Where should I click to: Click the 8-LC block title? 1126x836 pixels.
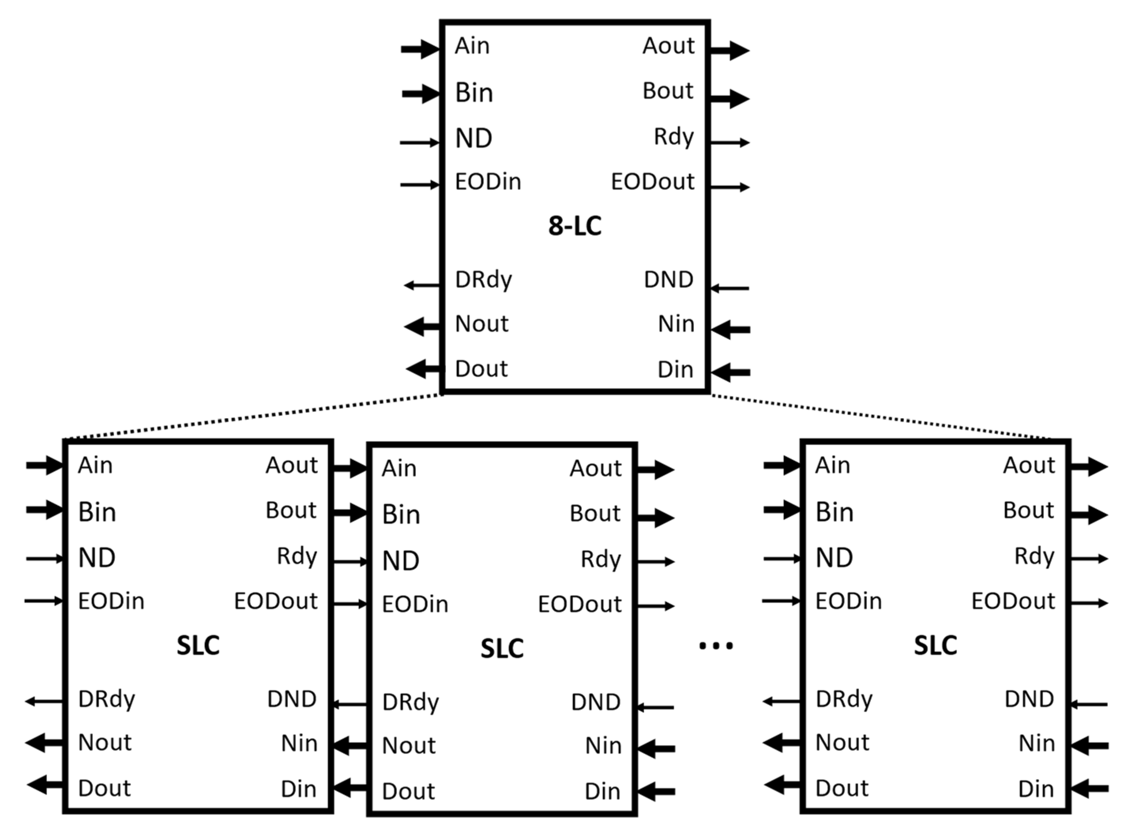pyautogui.click(x=575, y=226)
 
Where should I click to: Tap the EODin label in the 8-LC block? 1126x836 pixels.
pyautogui.click(x=488, y=182)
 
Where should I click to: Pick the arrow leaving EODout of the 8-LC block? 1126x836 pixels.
pyautogui.click(x=729, y=187)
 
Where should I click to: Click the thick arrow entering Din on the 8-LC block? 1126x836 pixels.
pyautogui.click(x=730, y=372)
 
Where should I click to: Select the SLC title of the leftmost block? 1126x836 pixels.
pyautogui.click(x=198, y=646)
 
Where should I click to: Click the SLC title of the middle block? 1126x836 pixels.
pyautogui.click(x=502, y=649)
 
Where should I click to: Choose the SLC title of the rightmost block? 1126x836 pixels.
pyautogui.click(x=935, y=646)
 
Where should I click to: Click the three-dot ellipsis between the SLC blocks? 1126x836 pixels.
pyautogui.click(x=716, y=645)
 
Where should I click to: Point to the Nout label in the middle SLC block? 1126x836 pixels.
pyautogui.click(x=409, y=746)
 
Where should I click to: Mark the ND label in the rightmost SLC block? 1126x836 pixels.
pyautogui.click(x=835, y=558)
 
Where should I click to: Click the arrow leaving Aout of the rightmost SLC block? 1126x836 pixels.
pyautogui.click(x=1090, y=466)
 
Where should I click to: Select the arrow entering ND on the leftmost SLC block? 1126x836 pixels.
pyautogui.click(x=45, y=559)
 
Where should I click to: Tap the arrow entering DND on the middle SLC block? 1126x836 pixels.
pyautogui.click(x=655, y=707)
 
